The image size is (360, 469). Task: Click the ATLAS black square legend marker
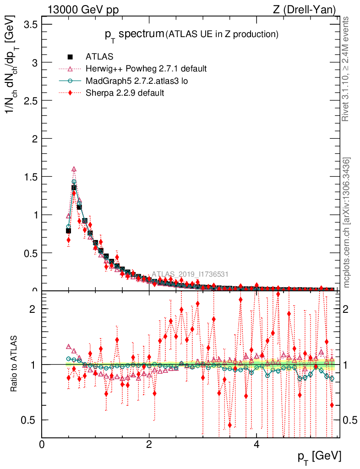[x=70, y=57]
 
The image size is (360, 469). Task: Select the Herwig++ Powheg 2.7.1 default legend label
[x=146, y=69]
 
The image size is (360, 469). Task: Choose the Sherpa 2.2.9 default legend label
[x=125, y=93]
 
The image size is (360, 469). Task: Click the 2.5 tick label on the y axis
[x=28, y=100]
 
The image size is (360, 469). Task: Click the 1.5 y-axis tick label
[x=28, y=176]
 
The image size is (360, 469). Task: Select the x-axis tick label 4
[x=256, y=444]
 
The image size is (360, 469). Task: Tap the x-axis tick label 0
[x=42, y=444]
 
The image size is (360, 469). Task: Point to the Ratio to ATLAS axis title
[x=15, y=364]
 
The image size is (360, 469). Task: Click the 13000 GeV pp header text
[x=83, y=9]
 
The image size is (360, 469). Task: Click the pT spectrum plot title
[x=190, y=34]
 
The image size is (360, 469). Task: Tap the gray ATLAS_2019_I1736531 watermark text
[x=190, y=274]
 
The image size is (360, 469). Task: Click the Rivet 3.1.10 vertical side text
[x=346, y=69]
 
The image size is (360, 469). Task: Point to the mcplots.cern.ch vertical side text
[x=347, y=222]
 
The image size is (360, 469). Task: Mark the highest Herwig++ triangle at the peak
[x=74, y=169]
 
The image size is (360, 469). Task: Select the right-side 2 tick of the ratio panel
[x=348, y=309]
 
